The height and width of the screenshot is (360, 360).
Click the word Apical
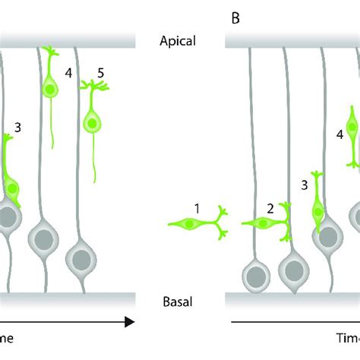coord(180,44)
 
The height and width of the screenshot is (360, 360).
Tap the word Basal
coord(180,302)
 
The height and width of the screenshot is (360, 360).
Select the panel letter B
coord(235,17)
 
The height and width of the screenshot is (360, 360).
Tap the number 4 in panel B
coord(339,135)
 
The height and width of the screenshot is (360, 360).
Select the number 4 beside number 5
coord(68,74)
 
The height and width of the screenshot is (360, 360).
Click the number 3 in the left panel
coord(17,128)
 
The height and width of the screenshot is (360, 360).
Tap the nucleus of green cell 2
coord(263,223)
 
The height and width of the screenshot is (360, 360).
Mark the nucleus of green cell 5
coord(92,122)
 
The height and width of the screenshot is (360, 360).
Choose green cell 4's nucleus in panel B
coord(352,129)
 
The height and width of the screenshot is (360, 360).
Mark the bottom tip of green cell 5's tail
coord(94,182)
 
